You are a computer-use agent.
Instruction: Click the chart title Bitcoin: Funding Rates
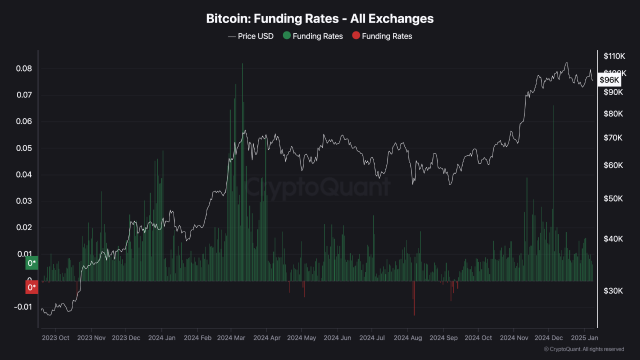click(320, 18)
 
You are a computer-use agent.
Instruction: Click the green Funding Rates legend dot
click(286, 36)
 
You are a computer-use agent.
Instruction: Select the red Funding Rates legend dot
click(355, 36)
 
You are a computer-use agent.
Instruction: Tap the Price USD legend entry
click(251, 36)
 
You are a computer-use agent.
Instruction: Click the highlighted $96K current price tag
click(609, 80)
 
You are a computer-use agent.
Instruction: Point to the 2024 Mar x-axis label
click(231, 337)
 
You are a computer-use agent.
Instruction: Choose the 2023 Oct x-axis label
click(56, 337)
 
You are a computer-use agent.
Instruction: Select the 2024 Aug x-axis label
click(407, 337)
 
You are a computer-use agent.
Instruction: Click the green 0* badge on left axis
click(32, 263)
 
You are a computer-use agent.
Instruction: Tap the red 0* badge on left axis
click(32, 287)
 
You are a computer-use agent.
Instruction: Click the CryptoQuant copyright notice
click(584, 349)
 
